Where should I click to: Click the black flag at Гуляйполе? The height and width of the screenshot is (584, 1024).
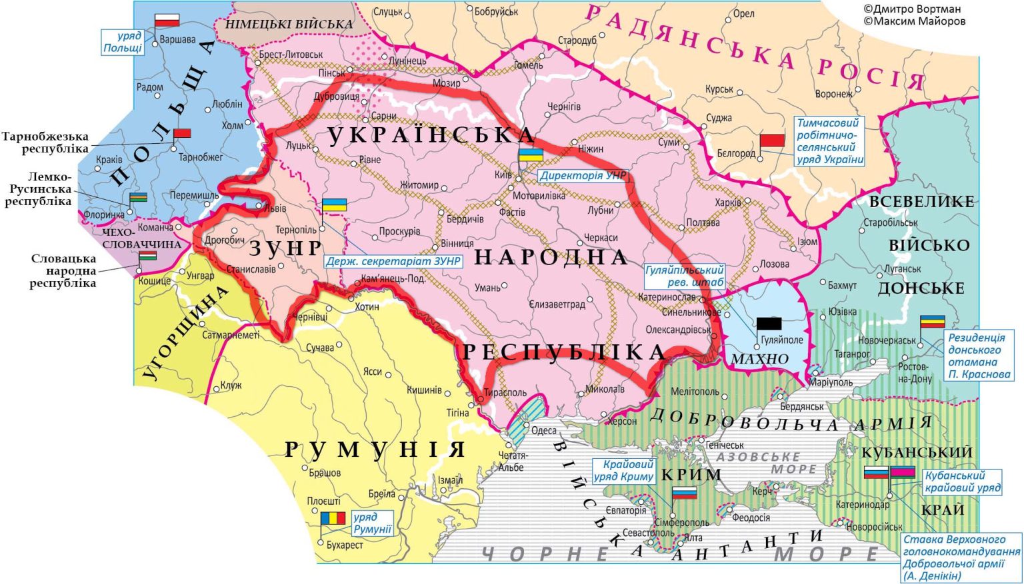coord(768,324)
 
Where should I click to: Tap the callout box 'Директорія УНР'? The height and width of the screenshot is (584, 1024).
coord(583,176)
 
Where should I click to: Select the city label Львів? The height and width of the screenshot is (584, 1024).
coord(274,208)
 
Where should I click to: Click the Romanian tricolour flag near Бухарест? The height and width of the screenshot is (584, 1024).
coord(333,517)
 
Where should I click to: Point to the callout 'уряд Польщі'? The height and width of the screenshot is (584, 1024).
coord(123,42)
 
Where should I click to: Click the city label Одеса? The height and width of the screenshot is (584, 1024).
coord(544,430)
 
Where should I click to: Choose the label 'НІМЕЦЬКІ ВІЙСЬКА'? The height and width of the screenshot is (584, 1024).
coord(289,24)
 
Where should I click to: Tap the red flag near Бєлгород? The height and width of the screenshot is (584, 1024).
coord(772,140)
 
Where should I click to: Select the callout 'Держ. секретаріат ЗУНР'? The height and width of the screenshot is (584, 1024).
coord(393,261)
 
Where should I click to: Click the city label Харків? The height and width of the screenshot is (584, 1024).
coord(727,202)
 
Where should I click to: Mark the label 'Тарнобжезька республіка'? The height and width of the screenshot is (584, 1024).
coord(45,143)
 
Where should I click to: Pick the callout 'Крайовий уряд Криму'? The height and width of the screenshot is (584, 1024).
coord(623,470)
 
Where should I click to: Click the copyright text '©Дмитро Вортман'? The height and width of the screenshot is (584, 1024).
coord(911,9)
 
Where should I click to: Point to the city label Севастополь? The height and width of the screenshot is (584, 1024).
coord(648,533)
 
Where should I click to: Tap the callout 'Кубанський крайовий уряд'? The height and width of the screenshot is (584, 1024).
coord(962,481)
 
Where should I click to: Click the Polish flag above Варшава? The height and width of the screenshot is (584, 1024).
coord(167,19)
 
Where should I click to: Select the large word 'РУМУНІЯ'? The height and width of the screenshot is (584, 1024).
coord(375,449)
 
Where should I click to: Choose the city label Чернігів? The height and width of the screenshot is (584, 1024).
coord(563,107)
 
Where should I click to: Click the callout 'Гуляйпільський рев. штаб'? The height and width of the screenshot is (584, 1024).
coord(684,276)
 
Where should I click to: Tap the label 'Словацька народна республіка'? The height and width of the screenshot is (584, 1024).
coord(63,271)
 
